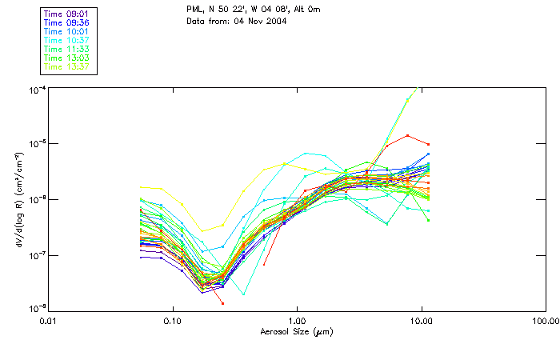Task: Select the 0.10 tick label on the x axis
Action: coord(173,320)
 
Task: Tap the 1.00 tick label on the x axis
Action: coord(298,320)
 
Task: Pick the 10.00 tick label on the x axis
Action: coord(422,320)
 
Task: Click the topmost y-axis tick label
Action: coord(37,87)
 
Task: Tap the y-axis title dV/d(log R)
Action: coord(18,198)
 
